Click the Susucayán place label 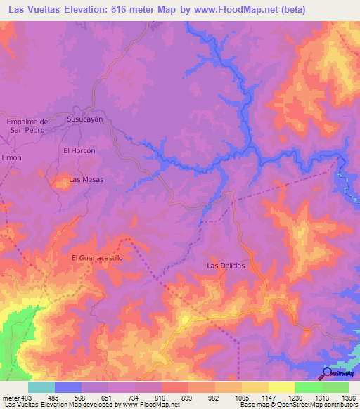click(84, 119)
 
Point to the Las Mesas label click(86, 180)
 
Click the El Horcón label click(79, 151)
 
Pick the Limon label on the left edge click(11, 158)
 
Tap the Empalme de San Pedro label click(26, 126)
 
